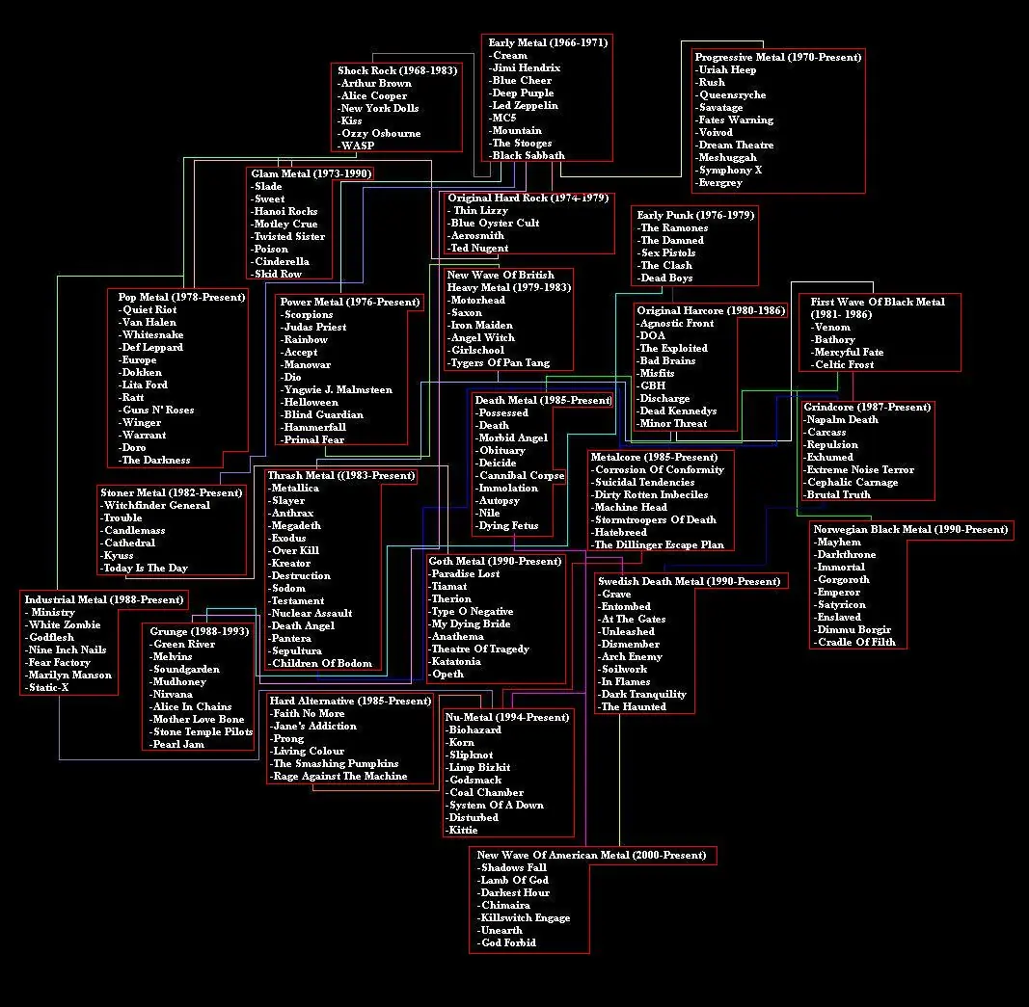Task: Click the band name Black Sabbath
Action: [x=528, y=155]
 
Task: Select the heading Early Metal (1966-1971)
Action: [x=548, y=42]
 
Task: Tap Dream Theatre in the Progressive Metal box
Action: [x=736, y=145]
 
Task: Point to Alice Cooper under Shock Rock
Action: [x=374, y=95]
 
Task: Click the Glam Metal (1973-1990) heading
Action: [x=311, y=173]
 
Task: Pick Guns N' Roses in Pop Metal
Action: [x=158, y=410]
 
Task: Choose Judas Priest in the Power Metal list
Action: [x=315, y=327]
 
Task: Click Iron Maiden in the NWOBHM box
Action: [x=482, y=325]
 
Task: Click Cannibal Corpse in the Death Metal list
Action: [x=522, y=475]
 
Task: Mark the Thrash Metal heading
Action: [x=341, y=475]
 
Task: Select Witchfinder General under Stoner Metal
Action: [x=157, y=506]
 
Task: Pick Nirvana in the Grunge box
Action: [x=173, y=694]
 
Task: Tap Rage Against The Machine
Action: [x=339, y=777]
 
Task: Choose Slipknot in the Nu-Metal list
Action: [x=471, y=755]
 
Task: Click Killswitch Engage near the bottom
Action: [x=525, y=917]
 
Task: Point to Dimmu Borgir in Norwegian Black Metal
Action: [x=853, y=629]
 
